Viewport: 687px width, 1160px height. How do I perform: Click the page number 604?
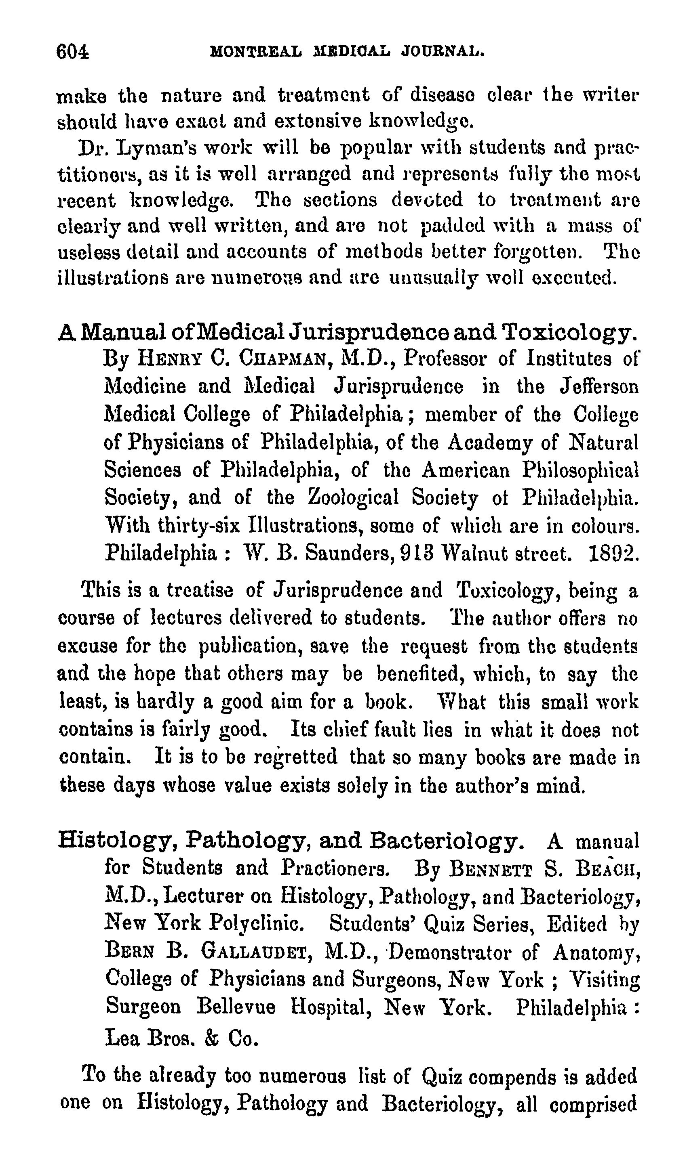click(72, 51)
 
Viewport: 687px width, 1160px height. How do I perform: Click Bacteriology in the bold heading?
click(447, 841)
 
